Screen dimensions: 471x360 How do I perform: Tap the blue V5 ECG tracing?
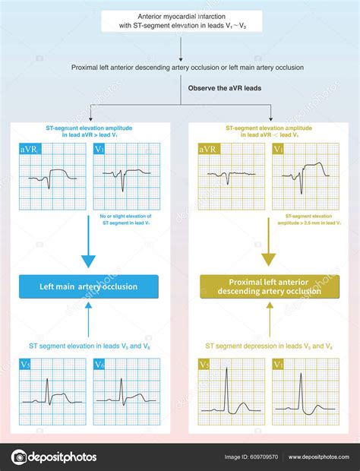pos(53,391)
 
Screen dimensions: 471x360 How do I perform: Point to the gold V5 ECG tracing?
pos(232,391)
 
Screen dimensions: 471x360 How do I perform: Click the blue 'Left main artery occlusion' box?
pos(89,286)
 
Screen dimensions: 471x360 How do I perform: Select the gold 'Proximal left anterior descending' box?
pos(270,286)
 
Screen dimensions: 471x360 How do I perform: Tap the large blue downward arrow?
pos(89,254)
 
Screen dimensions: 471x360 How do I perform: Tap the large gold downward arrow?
pos(270,254)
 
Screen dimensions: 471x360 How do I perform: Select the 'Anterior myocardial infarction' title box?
pos(181,21)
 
